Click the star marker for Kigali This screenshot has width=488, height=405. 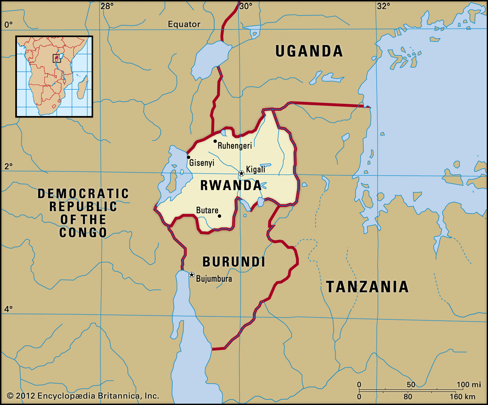241,173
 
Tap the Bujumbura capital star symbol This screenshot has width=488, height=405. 192,275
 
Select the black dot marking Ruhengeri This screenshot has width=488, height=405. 215,141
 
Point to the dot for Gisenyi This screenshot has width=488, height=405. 188,157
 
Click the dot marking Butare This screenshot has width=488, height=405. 219,216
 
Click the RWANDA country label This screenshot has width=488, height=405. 231,185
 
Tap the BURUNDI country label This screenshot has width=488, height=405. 234,262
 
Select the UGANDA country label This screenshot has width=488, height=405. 309,51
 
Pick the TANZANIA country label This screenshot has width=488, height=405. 367,287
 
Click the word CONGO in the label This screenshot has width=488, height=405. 83,233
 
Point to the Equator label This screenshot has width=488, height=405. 184,24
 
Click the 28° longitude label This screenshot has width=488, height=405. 107,6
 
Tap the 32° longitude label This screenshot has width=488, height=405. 383,6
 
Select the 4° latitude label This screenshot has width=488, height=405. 8,309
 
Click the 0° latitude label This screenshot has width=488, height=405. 8,24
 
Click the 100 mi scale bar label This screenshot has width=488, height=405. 468,385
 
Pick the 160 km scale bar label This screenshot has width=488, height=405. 462,397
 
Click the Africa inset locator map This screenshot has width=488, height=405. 54,76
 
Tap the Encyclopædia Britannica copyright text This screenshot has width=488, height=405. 83,396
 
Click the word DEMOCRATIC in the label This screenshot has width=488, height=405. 83,193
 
